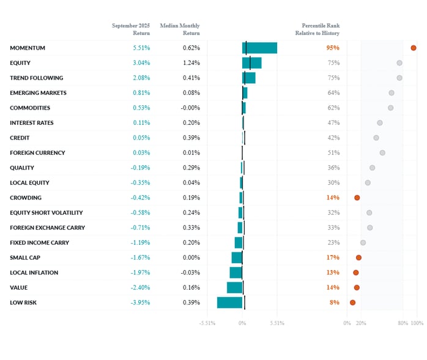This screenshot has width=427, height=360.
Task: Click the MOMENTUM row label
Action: click(28, 48)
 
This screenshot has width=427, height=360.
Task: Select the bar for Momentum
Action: click(259, 48)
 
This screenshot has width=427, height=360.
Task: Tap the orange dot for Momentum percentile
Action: click(414, 48)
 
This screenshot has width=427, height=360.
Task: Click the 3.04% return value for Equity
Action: click(141, 62)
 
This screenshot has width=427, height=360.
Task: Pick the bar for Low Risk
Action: click(230, 302)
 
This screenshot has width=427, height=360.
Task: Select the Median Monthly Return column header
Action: click(180, 29)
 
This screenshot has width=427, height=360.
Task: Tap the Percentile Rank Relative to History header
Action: click(321, 29)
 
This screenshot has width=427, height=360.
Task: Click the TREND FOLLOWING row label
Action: click(36, 78)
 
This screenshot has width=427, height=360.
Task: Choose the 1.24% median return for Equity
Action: click(191, 62)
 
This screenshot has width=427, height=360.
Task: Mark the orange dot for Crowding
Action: click(357, 198)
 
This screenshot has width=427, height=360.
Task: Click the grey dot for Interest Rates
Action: click(380, 123)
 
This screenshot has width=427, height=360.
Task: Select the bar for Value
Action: click(235, 287)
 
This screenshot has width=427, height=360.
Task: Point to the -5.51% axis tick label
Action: click(208, 323)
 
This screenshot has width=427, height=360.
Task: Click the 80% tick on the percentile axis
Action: click(403, 323)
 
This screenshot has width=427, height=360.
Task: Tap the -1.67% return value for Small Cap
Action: click(140, 258)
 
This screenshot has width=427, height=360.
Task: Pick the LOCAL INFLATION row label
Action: click(34, 272)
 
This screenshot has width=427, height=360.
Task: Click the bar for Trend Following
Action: click(249, 78)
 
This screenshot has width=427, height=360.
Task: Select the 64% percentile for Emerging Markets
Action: click(333, 93)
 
